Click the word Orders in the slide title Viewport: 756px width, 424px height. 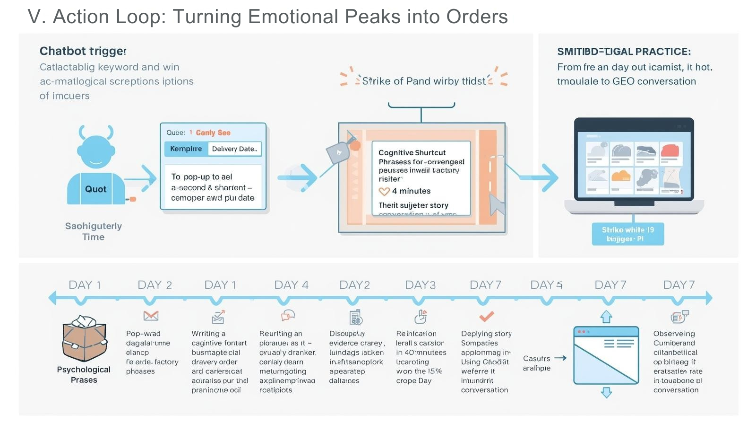(477, 17)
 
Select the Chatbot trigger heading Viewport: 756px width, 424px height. (83, 51)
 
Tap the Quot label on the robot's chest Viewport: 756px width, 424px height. (95, 189)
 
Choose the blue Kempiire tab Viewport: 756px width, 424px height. (186, 149)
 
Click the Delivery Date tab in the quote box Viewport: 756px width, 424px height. (234, 149)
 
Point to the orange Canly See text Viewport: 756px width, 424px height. (213, 133)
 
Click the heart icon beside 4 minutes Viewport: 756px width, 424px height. (384, 192)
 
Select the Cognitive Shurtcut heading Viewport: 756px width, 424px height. (412, 153)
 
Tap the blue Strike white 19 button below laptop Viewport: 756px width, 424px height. (627, 234)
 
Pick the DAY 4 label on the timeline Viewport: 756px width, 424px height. (291, 285)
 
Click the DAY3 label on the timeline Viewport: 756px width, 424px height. (420, 285)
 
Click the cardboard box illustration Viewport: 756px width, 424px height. (84, 339)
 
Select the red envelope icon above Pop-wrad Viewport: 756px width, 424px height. (151, 316)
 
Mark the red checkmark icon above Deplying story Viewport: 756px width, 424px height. (486, 316)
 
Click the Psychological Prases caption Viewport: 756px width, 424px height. (84, 375)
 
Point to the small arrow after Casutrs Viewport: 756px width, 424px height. (560, 358)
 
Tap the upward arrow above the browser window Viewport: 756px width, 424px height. (606, 317)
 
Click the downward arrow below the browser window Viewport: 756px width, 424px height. (606, 392)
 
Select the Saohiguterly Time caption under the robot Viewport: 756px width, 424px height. (94, 231)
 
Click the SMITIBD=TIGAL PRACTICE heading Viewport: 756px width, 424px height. (624, 52)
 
